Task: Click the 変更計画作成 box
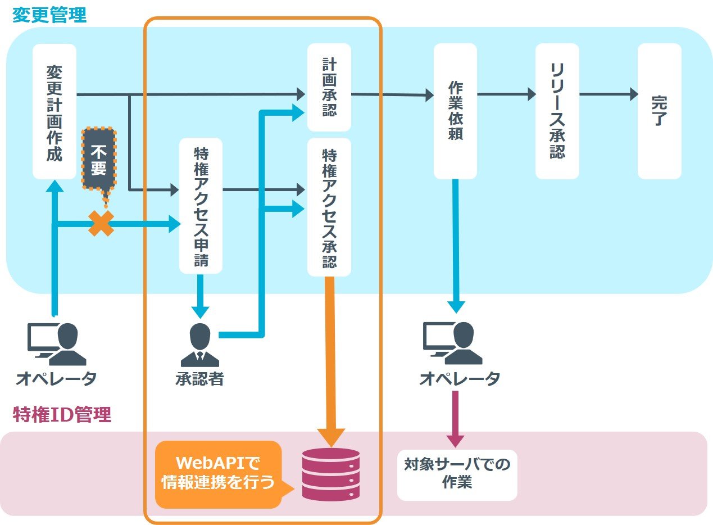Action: (54, 111)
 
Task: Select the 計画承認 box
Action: (329, 87)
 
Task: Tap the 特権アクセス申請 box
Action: (201, 206)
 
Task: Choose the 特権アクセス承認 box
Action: (329, 207)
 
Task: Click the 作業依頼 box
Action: (455, 111)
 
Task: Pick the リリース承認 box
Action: (557, 111)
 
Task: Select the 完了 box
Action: (659, 111)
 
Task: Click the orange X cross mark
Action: (101, 224)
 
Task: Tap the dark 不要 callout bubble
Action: (98, 161)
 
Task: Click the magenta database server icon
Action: (330, 474)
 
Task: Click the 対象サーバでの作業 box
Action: (457, 474)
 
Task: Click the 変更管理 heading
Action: (49, 15)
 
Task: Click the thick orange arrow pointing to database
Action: (330, 360)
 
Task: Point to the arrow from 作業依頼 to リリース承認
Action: (506, 94)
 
